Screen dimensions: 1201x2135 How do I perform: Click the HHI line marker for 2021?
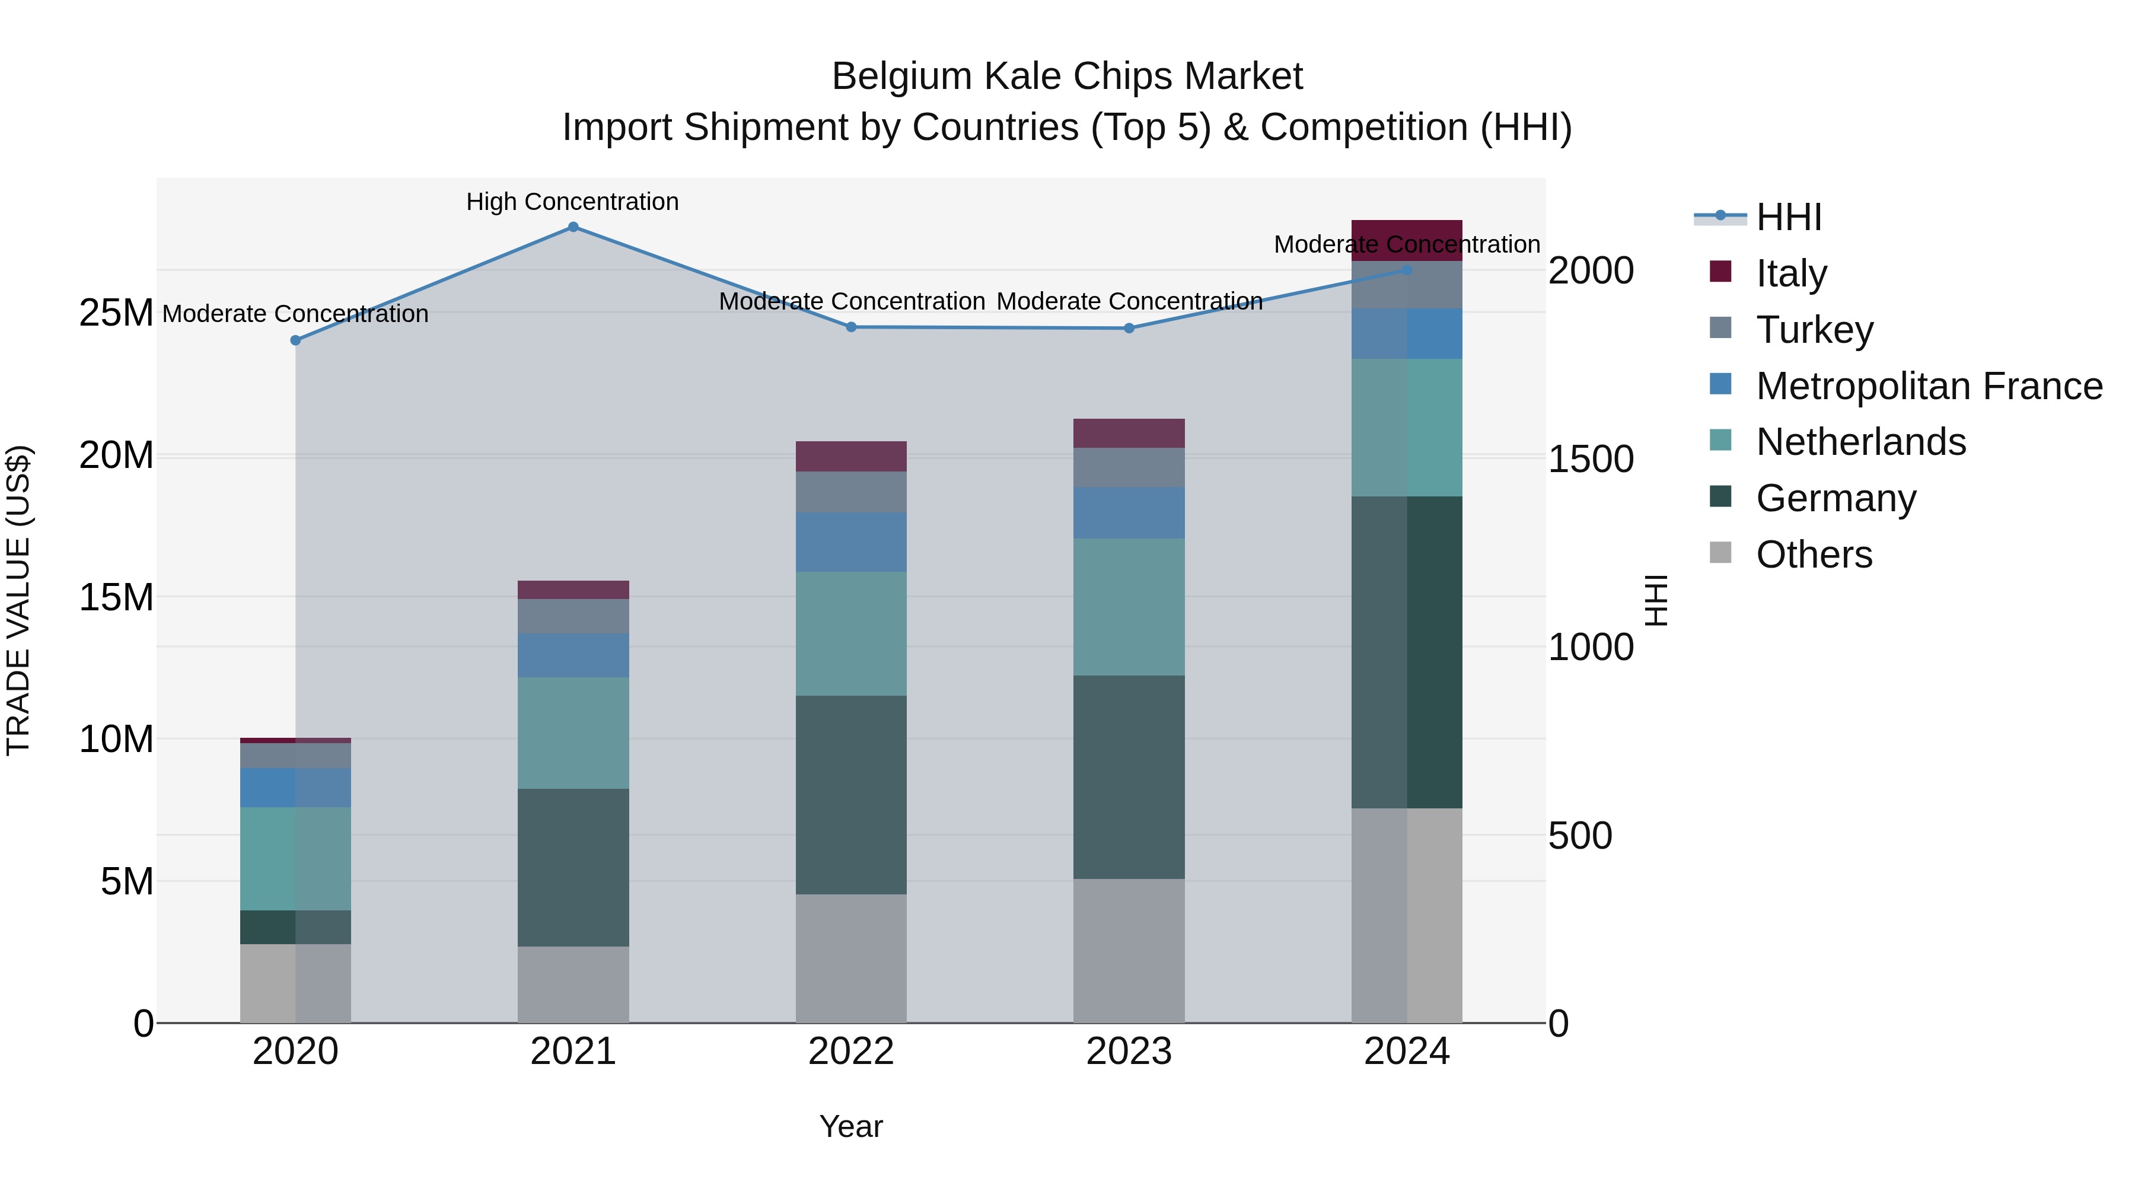(x=573, y=227)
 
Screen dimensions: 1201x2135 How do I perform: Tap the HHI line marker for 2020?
(x=296, y=340)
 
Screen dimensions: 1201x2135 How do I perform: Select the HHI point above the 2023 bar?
(x=1129, y=328)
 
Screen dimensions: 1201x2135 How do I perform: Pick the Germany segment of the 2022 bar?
(x=851, y=794)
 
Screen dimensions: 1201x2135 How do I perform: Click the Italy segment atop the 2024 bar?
(x=1407, y=240)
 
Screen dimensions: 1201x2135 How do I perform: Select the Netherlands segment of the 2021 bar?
(x=573, y=732)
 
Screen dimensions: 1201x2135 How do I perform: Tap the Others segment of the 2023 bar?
(x=1129, y=950)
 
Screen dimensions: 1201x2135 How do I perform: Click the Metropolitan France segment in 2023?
(x=1129, y=513)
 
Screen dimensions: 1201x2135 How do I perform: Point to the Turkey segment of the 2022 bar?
(x=851, y=492)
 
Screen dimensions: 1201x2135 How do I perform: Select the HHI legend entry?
(x=1789, y=217)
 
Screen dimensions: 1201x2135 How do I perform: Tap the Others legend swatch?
(x=1720, y=553)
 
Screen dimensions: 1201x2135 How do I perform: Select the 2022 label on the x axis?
(x=851, y=1052)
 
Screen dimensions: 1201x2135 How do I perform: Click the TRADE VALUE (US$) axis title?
(x=18, y=600)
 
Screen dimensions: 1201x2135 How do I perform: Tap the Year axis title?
(x=851, y=1126)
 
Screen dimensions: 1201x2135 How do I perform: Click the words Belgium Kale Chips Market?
(x=1067, y=77)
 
